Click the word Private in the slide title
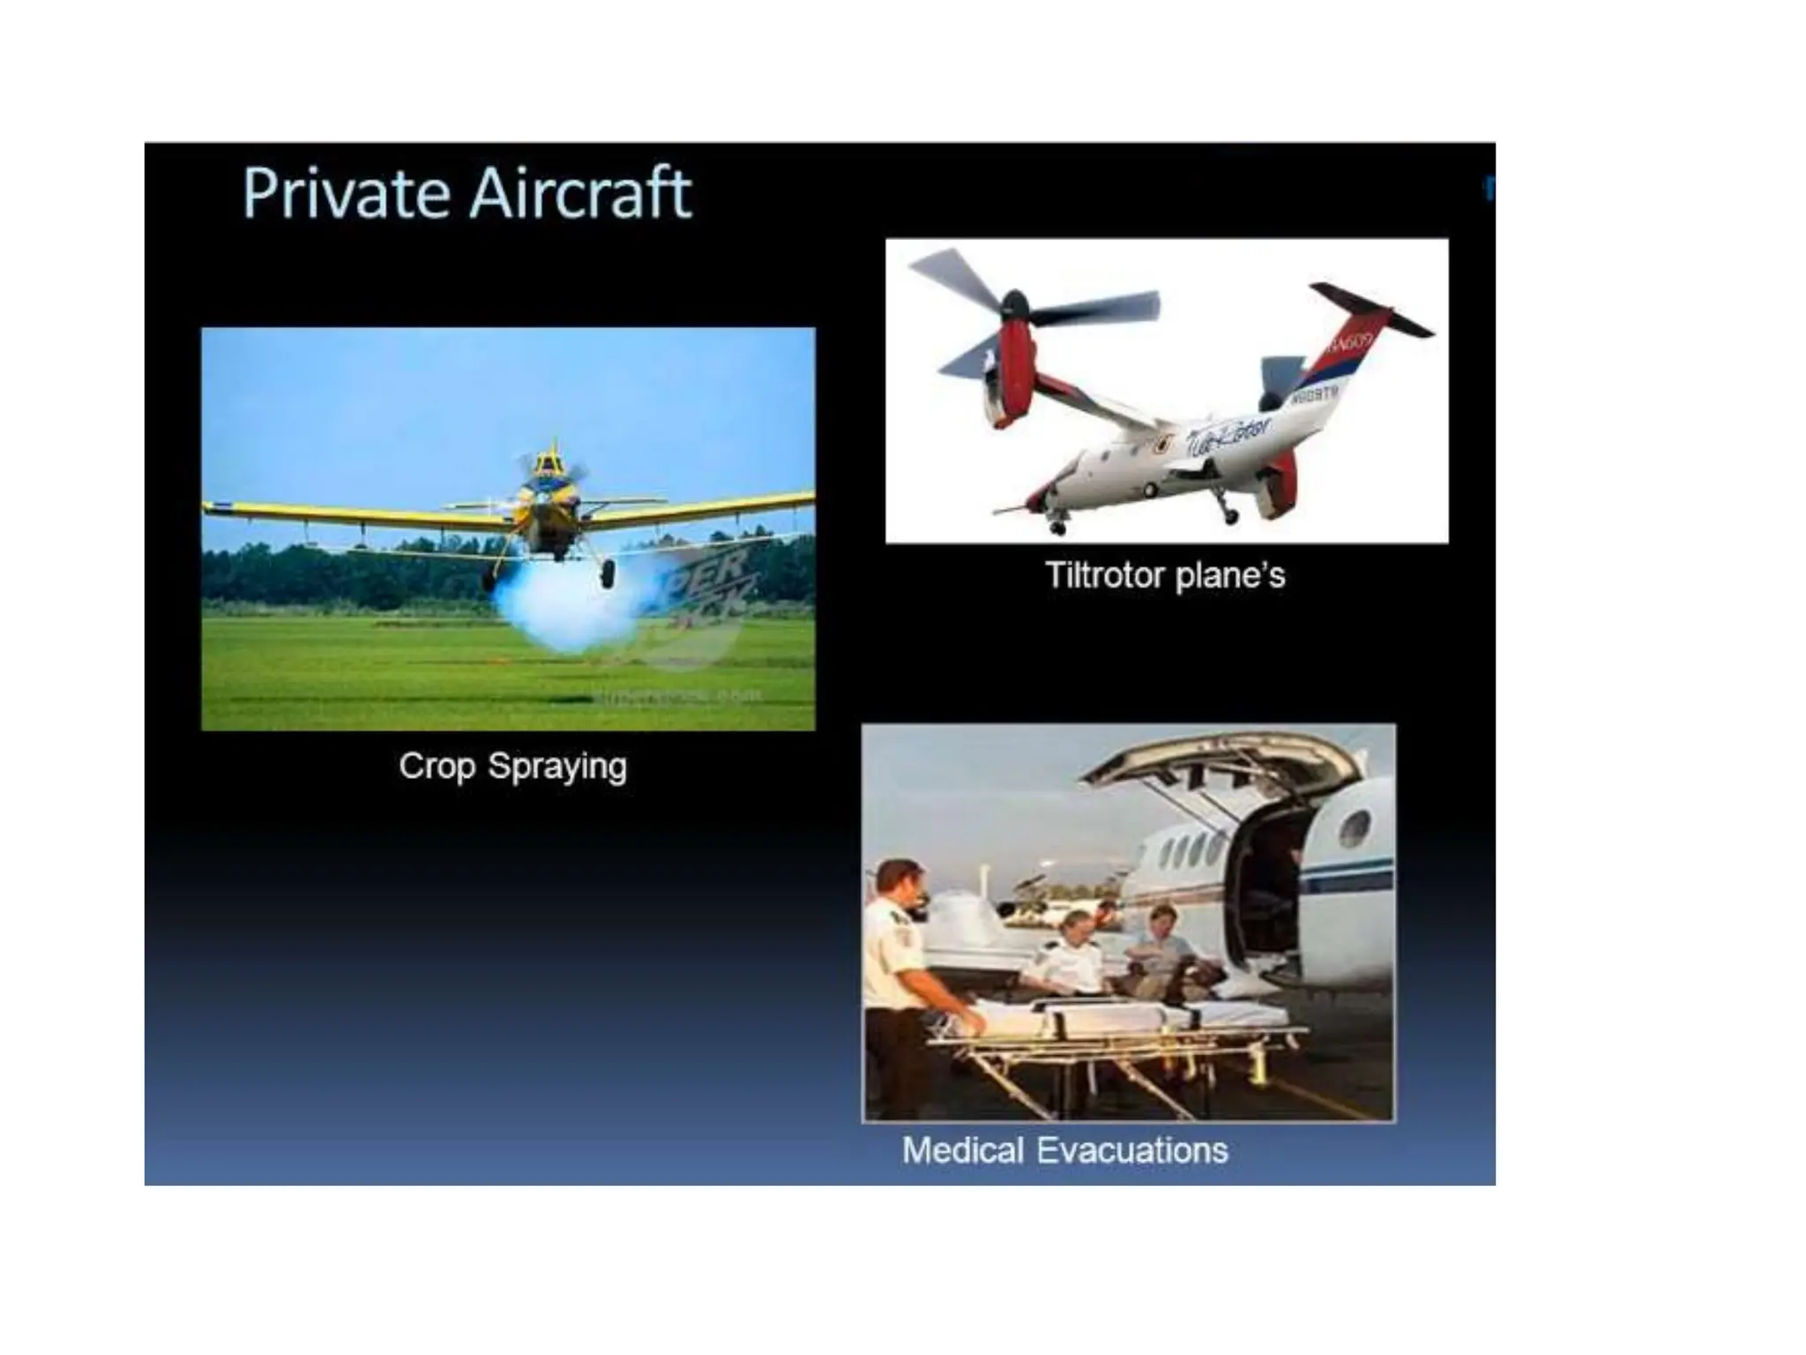point(345,193)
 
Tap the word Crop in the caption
point(436,767)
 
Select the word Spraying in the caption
point(556,767)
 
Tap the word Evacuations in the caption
point(1132,1150)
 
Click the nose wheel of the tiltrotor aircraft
point(1058,528)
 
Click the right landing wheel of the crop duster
point(608,574)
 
